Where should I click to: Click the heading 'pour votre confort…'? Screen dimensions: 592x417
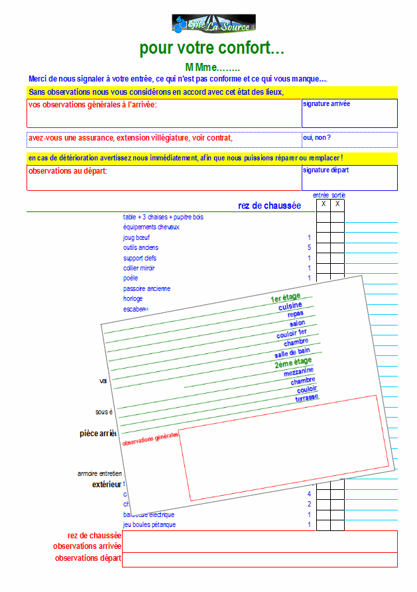click(x=212, y=48)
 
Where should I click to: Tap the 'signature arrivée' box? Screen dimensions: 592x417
click(x=349, y=113)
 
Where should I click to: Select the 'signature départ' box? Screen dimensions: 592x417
click(x=349, y=178)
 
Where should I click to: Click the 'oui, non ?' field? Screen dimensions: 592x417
click(x=349, y=139)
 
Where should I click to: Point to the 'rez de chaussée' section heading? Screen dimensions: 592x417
click(x=269, y=206)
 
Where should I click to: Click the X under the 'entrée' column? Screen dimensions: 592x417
click(x=324, y=204)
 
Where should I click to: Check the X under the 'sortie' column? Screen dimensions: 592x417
click(x=337, y=204)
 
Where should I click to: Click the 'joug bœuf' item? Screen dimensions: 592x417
click(x=135, y=237)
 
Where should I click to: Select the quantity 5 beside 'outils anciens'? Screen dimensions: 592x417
click(x=309, y=248)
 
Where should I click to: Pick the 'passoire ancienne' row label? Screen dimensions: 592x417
click(x=147, y=288)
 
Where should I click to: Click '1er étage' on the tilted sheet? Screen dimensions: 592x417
click(x=286, y=298)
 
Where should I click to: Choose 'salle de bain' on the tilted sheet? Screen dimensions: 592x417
click(x=292, y=352)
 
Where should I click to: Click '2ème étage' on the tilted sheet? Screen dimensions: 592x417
click(x=293, y=362)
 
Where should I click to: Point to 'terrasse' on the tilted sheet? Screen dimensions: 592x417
click(x=307, y=398)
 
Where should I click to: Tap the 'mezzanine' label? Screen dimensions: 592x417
click(x=298, y=372)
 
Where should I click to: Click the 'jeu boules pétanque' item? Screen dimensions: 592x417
click(x=149, y=525)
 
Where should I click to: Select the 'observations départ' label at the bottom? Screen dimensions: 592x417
click(x=88, y=558)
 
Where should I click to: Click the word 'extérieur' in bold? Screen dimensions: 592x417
click(x=107, y=485)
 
